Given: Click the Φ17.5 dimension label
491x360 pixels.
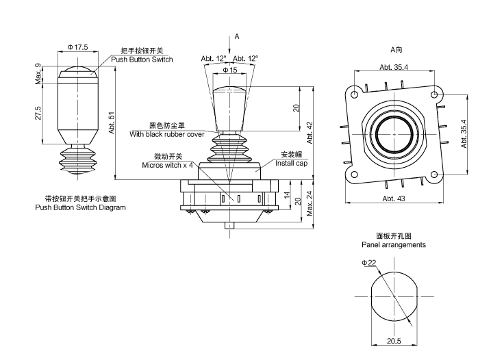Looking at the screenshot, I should [x=77, y=47].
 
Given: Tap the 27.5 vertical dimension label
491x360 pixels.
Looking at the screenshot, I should [x=38, y=112].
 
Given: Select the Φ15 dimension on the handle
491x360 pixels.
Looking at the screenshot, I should [x=230, y=70].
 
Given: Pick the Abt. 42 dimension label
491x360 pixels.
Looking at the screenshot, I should [x=310, y=131].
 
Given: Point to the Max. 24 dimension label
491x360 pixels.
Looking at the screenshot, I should [x=310, y=203].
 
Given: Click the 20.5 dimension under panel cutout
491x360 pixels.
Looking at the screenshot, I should [x=394, y=340].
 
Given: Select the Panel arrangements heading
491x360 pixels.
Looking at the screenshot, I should [x=394, y=244].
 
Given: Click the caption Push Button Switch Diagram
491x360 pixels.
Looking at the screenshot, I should [x=80, y=207].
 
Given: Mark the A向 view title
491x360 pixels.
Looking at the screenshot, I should [x=396, y=49].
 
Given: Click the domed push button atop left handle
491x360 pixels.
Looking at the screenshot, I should [x=77, y=70].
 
